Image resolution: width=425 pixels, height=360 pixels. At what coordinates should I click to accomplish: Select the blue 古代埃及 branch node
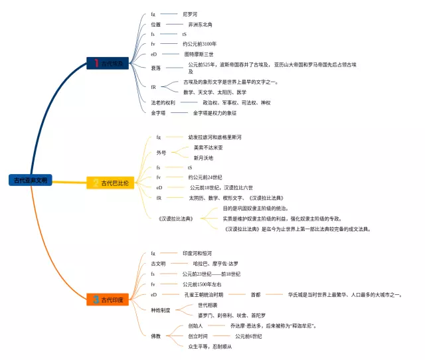109,63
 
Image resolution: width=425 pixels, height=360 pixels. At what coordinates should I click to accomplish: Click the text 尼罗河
191,14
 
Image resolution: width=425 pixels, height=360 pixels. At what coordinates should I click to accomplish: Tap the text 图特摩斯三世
199,54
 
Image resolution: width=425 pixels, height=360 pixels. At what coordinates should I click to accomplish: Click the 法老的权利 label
163,103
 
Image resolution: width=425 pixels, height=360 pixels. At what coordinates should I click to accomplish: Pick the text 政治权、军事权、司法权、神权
236,103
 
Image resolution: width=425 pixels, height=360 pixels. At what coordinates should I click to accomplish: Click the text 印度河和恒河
197,253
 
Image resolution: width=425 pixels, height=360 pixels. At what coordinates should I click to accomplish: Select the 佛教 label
156,336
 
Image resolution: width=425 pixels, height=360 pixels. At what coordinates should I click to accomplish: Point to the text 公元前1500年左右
202,284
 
